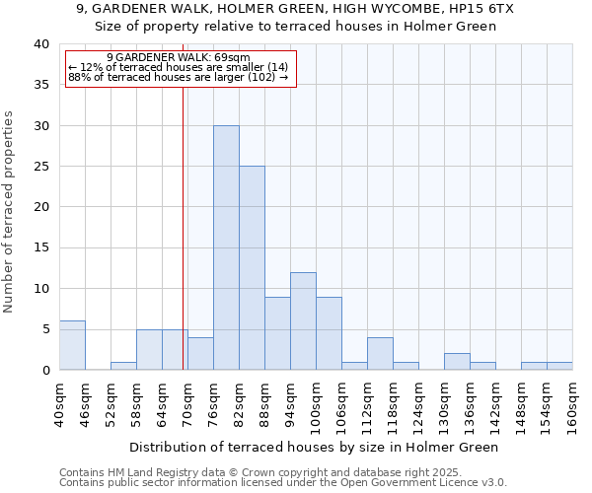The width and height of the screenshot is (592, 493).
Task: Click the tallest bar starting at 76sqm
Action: pyautogui.click(x=226, y=247)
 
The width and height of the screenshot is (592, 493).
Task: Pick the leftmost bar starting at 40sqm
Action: pyautogui.click(x=72, y=345)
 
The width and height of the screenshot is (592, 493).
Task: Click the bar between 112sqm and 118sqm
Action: pyautogui.click(x=380, y=353)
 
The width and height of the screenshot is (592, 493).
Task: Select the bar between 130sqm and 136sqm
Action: pyautogui.click(x=457, y=361)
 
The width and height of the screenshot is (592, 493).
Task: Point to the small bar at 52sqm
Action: pyautogui.click(x=123, y=366)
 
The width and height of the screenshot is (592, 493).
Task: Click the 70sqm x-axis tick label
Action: pyautogui.click(x=187, y=403)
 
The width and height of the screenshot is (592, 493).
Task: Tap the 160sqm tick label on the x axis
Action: pyautogui.click(x=572, y=403)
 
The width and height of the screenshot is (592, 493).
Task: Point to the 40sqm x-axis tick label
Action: pyautogui.click(x=59, y=403)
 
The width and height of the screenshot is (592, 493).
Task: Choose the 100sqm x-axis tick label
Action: pyautogui.click(x=316, y=403)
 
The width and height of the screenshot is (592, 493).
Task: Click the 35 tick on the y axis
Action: pyautogui.click(x=40, y=85)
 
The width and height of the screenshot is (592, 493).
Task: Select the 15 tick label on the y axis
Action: pyautogui.click(x=40, y=247)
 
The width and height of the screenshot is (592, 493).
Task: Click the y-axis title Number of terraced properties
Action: pyautogui.click(x=9, y=211)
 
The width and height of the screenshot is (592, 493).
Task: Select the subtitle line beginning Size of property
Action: pyautogui.click(x=296, y=26)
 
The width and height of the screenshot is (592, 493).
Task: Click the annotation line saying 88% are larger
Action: pyautogui.click(x=179, y=77)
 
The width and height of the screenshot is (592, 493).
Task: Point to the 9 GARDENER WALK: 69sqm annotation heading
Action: pyautogui.click(x=179, y=58)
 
